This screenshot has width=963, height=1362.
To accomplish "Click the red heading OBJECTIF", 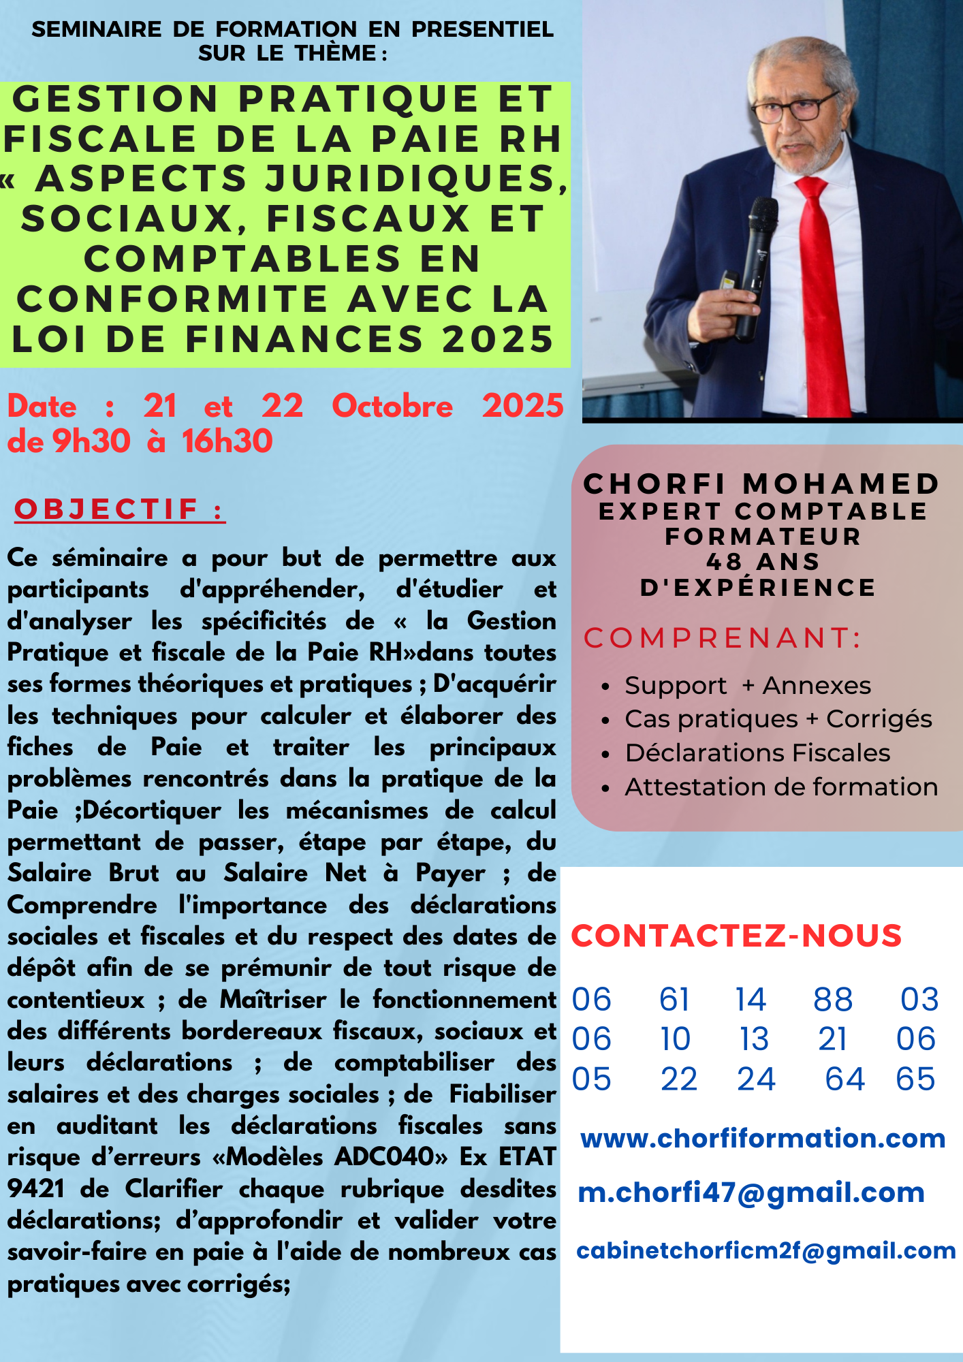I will (x=107, y=509).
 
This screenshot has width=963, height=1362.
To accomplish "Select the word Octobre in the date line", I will (x=392, y=407).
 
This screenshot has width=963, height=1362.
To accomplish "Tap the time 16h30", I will (x=227, y=441).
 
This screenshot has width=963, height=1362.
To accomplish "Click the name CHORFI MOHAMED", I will (x=761, y=484).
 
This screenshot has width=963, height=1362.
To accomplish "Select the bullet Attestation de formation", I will (x=781, y=787).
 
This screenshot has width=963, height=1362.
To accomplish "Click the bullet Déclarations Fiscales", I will (x=757, y=753).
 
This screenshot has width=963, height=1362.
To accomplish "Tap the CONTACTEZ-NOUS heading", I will (x=736, y=936).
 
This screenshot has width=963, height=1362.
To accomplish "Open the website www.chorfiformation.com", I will (x=763, y=1139).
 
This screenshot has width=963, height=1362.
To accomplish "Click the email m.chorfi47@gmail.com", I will (x=751, y=1192).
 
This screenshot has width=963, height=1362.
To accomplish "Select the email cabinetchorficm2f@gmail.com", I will (x=766, y=1250).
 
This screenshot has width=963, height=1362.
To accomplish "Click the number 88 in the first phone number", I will (x=833, y=1000).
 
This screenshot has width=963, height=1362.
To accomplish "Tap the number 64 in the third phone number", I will (x=844, y=1079).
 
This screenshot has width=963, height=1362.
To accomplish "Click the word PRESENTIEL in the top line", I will (x=482, y=29).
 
